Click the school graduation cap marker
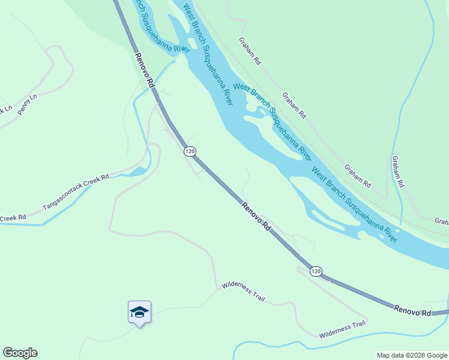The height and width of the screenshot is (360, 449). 139,312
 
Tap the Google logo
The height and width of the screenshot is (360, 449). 20,353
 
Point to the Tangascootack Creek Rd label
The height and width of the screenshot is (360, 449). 76,193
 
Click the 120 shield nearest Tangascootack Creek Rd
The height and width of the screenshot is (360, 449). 190,152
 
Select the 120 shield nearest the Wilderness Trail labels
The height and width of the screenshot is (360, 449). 316,271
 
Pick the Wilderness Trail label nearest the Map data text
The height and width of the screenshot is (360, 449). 342,329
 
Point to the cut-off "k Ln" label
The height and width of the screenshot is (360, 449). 6,110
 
